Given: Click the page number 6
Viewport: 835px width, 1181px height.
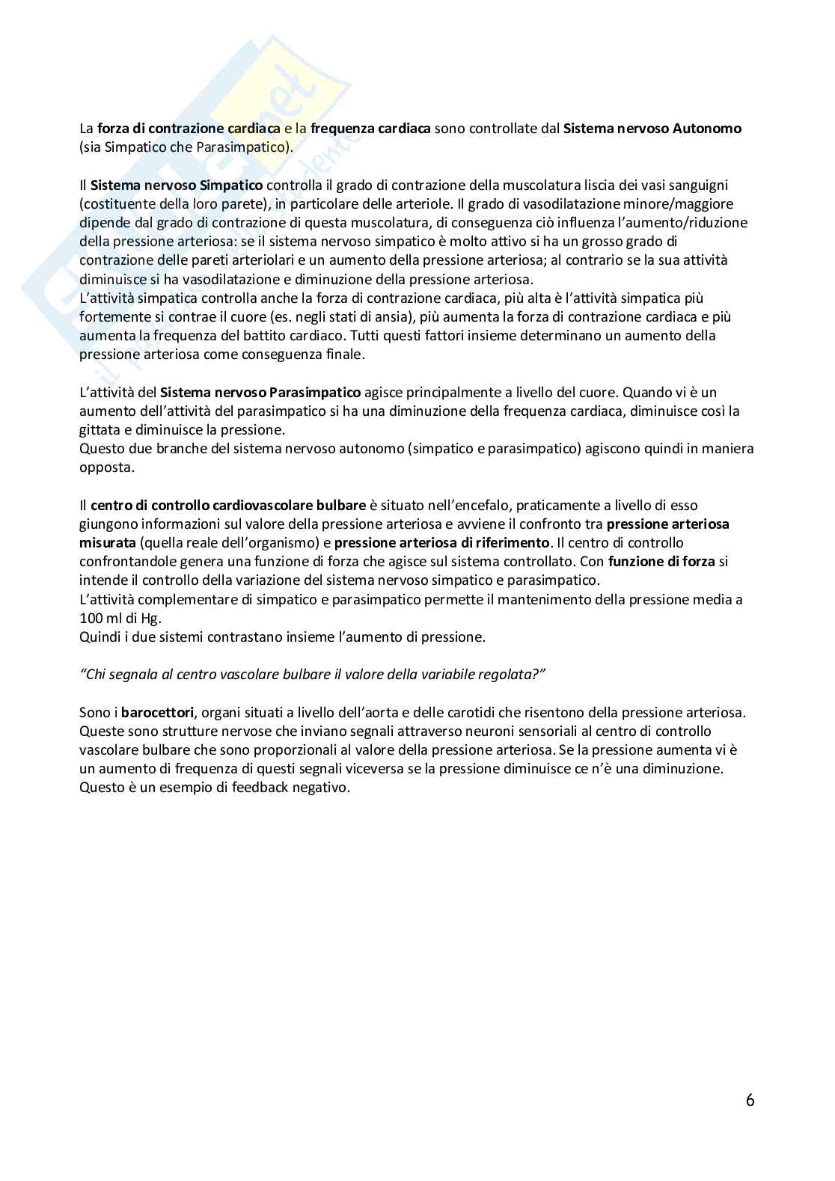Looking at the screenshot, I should pyautogui.click(x=750, y=1100).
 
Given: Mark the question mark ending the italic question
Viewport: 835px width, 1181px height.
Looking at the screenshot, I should pyautogui.click(x=540, y=675).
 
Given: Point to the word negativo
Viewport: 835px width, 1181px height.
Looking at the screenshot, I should pyautogui.click(x=322, y=788).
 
